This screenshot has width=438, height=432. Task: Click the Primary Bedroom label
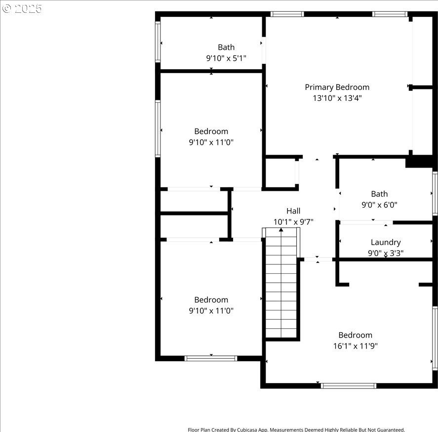point(337,87)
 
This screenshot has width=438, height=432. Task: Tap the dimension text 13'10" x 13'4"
point(337,98)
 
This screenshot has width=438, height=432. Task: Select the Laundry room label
point(386,242)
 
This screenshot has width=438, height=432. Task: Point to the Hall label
point(293,211)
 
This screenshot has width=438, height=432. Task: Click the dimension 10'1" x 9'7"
point(293,222)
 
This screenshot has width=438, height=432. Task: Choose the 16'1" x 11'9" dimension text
point(356,346)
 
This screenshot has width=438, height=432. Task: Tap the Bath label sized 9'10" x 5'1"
point(226,47)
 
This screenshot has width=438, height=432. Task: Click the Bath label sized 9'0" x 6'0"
point(379,194)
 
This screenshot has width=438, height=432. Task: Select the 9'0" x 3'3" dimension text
point(386,254)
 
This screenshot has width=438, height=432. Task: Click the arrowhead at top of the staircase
point(281,229)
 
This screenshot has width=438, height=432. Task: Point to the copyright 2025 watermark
point(22,9)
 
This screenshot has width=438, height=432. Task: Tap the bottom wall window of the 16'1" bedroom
point(348,386)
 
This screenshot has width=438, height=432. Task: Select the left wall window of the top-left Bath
point(158,42)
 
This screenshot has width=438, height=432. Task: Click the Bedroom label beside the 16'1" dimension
point(356,335)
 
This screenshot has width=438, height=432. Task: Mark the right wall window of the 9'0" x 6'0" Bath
point(435,193)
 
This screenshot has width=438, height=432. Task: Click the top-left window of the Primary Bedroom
point(287,14)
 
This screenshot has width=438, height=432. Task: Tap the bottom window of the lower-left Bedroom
point(211,358)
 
